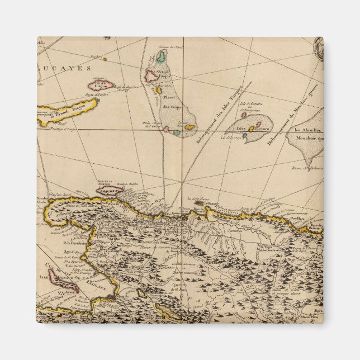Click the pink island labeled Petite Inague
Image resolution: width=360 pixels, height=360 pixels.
click(101, 86)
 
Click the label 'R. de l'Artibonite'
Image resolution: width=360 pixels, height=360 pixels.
click(74, 242)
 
